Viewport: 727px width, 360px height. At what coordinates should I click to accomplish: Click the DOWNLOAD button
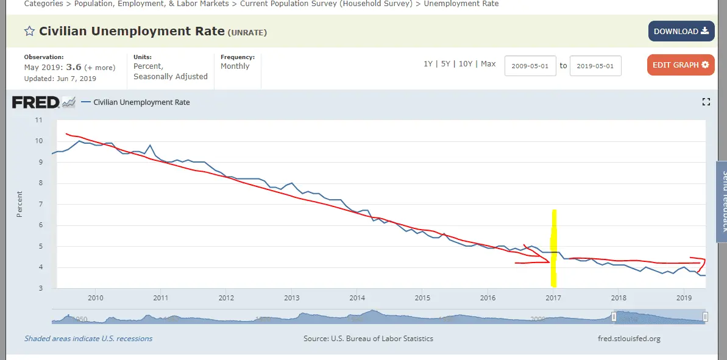681,31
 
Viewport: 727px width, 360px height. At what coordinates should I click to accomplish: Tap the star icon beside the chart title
29,32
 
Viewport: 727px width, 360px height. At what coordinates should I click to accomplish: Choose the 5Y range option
446,64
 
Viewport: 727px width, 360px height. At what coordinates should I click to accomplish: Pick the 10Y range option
466,64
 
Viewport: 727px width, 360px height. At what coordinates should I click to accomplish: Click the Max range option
488,64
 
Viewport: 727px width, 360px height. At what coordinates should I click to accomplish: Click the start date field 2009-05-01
530,66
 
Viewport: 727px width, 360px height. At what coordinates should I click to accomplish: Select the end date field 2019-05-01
595,66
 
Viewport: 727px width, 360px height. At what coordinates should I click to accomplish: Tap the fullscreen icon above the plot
706,102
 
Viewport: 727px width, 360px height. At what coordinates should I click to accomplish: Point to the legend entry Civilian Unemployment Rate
141,102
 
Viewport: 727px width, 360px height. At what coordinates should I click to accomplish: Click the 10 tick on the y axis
38,141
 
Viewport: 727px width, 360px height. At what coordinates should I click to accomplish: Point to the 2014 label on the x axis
357,298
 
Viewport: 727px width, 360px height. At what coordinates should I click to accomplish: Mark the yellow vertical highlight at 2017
553,248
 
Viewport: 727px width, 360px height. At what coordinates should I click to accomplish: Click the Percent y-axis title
20,204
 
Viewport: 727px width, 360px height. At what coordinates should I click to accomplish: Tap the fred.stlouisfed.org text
629,339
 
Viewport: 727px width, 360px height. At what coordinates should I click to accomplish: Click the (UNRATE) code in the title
247,32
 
